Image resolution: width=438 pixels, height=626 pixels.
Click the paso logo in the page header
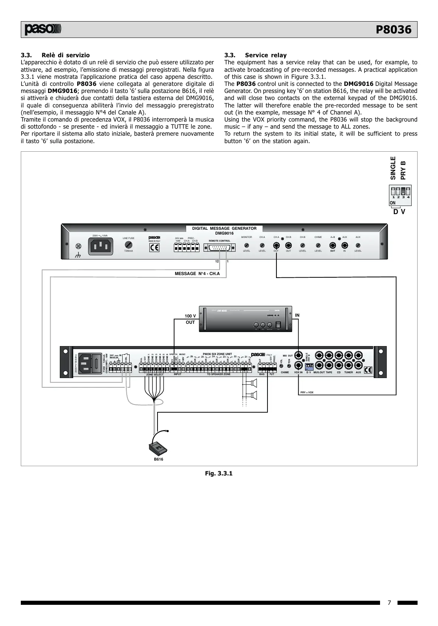(43, 29)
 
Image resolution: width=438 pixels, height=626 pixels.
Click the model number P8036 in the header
(393, 30)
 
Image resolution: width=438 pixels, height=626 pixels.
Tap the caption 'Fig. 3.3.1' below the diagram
(219, 473)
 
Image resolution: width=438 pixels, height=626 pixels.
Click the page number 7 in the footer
(389, 603)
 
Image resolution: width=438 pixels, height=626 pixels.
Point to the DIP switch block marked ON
(400, 195)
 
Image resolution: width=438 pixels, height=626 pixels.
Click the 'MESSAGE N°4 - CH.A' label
(197, 274)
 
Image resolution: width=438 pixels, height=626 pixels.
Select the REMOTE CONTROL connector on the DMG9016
(219, 248)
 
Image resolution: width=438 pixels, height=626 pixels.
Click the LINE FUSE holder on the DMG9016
(128, 245)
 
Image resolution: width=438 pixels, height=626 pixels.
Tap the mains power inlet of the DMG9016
(100, 246)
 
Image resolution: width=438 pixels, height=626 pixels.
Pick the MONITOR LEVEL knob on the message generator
(246, 245)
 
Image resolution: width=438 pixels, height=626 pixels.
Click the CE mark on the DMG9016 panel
(154, 248)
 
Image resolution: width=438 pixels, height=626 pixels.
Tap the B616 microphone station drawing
(158, 448)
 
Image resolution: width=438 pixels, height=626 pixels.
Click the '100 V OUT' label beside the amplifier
(190, 319)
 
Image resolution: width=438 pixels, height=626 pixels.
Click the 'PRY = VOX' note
(307, 392)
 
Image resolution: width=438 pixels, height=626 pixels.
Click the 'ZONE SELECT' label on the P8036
(155, 374)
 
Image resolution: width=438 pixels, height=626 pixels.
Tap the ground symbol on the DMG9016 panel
(78, 256)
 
